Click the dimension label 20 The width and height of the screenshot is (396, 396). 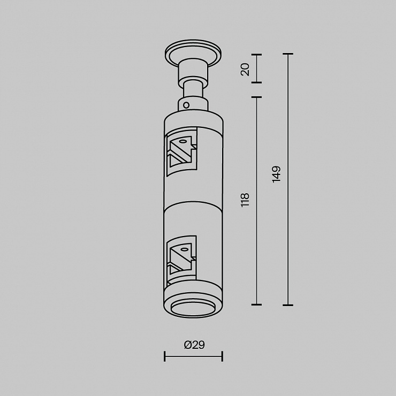(245, 70)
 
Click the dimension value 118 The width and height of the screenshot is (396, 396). (245, 200)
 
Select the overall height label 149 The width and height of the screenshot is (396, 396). (277, 174)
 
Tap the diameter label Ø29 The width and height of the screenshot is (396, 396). (194, 345)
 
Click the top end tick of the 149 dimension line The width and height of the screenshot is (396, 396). (288, 54)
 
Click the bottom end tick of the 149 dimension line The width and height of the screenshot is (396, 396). (288, 305)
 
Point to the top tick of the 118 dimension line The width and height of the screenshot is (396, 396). (256, 97)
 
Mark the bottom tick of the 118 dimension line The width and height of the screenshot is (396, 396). (256, 304)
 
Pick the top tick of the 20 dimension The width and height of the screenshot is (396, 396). (256, 54)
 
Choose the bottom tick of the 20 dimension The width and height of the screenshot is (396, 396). (256, 82)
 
